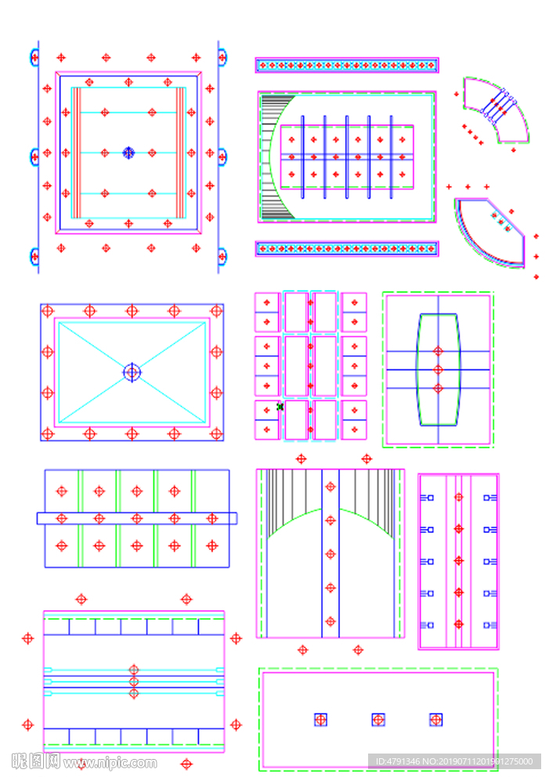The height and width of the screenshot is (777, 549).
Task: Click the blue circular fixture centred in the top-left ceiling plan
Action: pos(128,153)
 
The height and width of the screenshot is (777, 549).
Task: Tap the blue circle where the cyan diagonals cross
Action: pos(132,372)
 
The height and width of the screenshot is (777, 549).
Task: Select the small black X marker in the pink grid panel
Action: pos(280,406)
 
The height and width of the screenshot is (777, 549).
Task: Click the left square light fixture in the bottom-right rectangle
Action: pos(320,719)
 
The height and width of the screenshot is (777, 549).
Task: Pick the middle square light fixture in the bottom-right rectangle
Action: pos(378,719)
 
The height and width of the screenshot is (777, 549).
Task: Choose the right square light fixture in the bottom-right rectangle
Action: pos(436,719)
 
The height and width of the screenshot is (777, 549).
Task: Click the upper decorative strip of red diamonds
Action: pos(346,65)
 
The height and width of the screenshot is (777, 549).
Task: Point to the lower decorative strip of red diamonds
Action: pos(346,249)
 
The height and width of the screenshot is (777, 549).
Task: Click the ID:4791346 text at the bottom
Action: pos(453,761)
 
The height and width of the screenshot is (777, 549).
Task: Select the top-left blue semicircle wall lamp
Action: pos(34,56)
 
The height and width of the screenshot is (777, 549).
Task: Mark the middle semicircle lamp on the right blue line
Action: pos(223,156)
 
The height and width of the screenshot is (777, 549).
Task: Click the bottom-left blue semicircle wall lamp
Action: pos(34,256)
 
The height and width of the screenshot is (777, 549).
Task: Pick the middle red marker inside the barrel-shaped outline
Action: pos(438,369)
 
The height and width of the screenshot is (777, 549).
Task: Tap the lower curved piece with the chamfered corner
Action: pos(490,232)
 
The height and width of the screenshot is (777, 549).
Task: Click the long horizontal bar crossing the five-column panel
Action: pos(136,518)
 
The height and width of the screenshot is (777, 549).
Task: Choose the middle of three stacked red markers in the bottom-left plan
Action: pos(134,682)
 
